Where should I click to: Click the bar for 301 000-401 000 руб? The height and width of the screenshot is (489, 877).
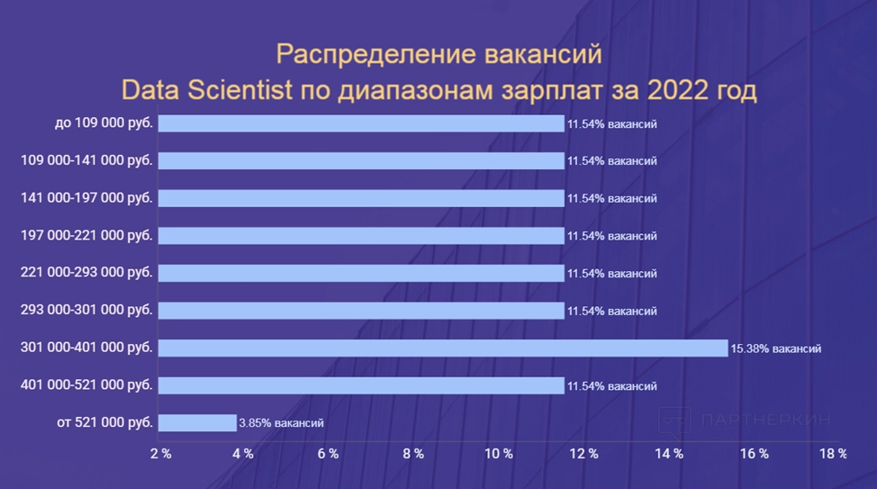(443, 348)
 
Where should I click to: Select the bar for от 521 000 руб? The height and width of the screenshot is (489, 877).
(197, 422)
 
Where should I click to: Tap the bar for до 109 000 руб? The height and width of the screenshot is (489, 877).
(361, 123)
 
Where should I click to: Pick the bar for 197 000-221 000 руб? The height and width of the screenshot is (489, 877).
(361, 236)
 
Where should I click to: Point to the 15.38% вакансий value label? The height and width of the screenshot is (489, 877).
(775, 349)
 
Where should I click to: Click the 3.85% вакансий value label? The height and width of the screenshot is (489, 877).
(281, 423)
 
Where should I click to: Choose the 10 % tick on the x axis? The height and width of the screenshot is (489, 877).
(499, 454)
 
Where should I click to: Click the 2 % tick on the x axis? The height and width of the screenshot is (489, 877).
(160, 454)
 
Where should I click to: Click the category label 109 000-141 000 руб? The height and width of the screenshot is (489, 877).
(86, 160)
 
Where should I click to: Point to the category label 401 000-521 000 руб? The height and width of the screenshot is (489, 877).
(86, 385)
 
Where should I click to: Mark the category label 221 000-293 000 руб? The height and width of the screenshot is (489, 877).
(86, 273)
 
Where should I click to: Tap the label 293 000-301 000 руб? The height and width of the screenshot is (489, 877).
(86, 311)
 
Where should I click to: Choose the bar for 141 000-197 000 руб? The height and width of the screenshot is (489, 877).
(361, 198)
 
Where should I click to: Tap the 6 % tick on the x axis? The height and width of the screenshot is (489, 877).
(329, 454)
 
